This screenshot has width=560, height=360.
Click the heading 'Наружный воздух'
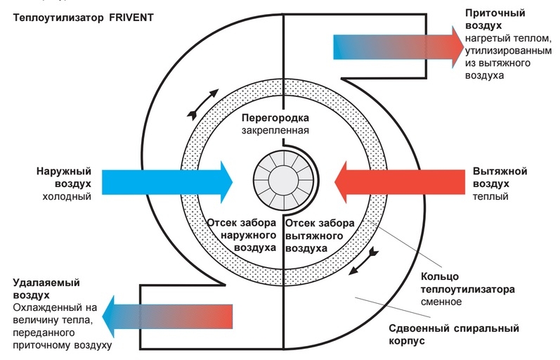pyautogui.click(x=63, y=177)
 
